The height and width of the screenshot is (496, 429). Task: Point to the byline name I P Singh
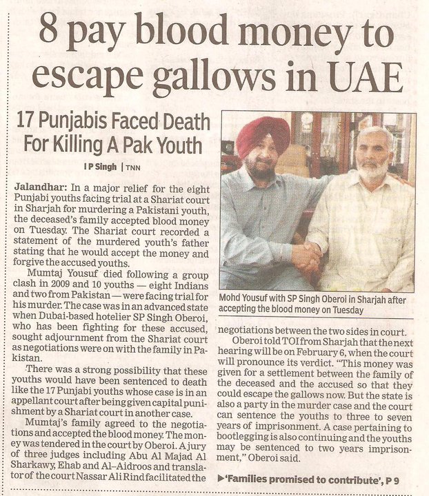click(x=101, y=168)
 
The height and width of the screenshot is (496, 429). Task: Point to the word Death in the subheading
click(x=181, y=123)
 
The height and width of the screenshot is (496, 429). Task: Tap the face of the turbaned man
click(x=263, y=160)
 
